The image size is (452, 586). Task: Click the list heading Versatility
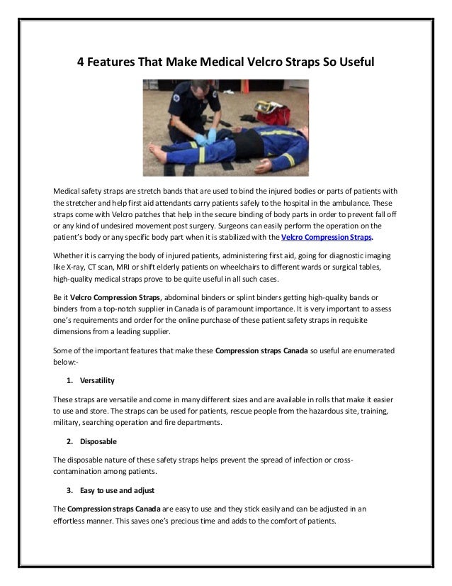point(96,381)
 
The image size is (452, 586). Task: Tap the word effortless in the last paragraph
point(74,519)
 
